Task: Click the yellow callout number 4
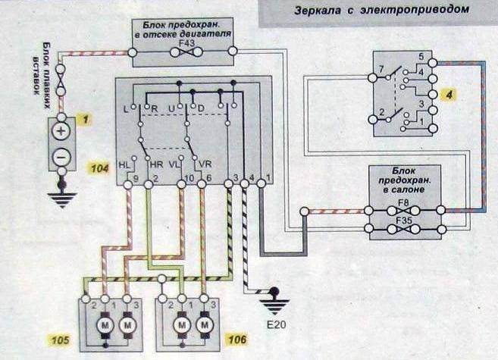[449, 95]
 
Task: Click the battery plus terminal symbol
[61, 130]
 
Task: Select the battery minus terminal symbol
[61, 157]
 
